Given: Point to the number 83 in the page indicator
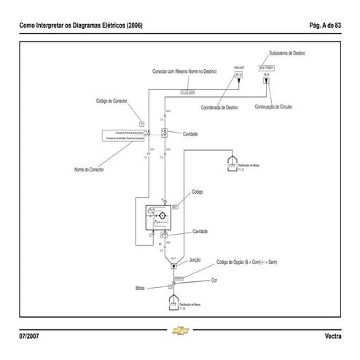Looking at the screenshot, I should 337,26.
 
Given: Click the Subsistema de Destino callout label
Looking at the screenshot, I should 290,53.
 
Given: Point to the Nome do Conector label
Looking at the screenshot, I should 89,169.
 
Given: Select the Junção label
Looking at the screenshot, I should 195,259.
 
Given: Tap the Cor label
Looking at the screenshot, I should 214,280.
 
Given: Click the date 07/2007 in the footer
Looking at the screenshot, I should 30,335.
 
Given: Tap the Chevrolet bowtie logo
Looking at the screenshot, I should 181,332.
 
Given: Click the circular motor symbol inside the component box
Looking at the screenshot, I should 163,217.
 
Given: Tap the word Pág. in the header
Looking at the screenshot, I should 313,26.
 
